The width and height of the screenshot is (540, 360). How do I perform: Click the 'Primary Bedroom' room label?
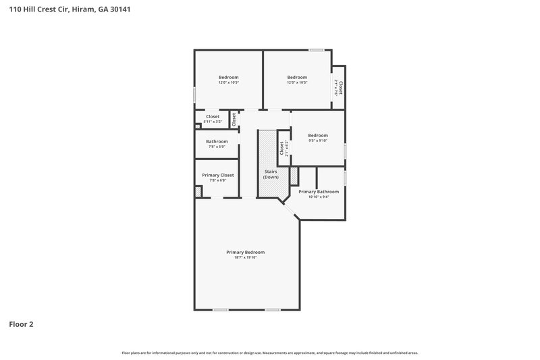pos(245,252)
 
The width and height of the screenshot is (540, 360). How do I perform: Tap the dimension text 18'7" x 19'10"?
pos(245,257)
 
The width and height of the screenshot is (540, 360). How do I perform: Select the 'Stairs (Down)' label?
pos(271,174)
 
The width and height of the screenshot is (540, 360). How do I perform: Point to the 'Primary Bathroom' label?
pos(319,192)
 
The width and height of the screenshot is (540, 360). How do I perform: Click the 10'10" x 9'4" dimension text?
pos(319,197)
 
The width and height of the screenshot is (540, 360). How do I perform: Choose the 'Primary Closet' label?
pos(218,175)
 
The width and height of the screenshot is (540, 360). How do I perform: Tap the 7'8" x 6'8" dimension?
pos(218,180)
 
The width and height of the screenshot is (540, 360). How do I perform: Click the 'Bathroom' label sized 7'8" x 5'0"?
pos(217,141)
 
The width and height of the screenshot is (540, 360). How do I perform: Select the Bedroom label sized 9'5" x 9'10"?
pos(318,135)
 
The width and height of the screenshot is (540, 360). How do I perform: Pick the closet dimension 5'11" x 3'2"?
pos(213,122)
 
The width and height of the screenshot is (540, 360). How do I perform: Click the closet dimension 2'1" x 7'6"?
pos(335,87)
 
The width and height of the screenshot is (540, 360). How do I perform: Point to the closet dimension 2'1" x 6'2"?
pos(287,149)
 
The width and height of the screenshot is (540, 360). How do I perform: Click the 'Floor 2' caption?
pos(21,324)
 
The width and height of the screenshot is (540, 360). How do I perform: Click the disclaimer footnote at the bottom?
pos(269,353)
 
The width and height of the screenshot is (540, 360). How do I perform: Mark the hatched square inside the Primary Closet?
pos(198,192)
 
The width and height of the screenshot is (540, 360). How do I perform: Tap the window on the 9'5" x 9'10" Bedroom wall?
pos(345,151)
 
